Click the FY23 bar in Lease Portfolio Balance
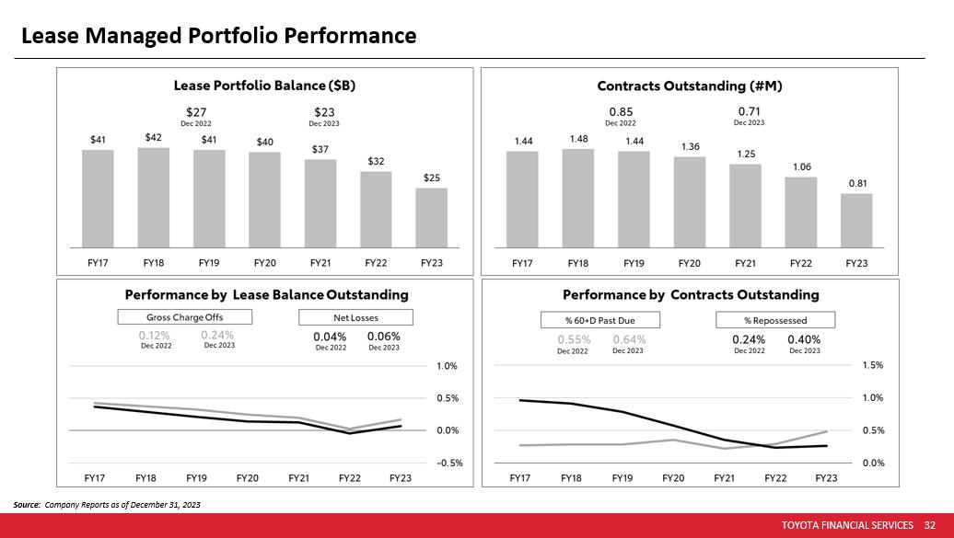431,217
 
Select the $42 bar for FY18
154,197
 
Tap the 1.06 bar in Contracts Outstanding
801,212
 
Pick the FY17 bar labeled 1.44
522,199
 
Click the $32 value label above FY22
376,161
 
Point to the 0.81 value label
857,183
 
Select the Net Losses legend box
355,317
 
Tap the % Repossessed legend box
775,320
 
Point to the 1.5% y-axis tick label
871,365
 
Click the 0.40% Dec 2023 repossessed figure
804,339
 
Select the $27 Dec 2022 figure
195,112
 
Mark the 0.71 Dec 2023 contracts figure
749,112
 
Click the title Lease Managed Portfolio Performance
218,36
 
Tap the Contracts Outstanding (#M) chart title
690,86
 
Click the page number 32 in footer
929,525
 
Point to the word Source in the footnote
27,505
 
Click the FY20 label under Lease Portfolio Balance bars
264,263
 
